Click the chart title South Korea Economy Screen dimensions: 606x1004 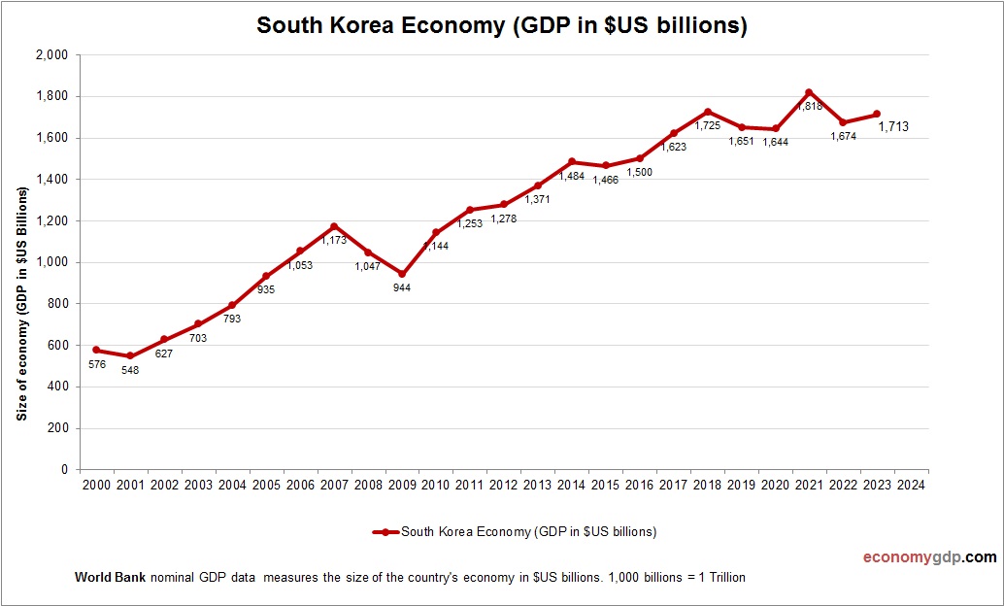click(x=501, y=26)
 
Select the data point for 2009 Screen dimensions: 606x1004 click(x=402, y=274)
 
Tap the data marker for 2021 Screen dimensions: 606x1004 click(x=809, y=92)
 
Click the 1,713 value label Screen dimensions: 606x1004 click(x=893, y=126)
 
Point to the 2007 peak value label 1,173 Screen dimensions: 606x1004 click(x=334, y=240)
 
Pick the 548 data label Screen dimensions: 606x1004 click(x=130, y=370)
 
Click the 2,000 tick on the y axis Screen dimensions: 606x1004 click(x=51, y=55)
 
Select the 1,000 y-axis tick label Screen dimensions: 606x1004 click(x=51, y=262)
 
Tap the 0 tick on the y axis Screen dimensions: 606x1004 click(x=63, y=470)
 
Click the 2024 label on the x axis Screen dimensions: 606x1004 click(x=911, y=485)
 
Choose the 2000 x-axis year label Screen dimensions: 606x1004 click(x=96, y=485)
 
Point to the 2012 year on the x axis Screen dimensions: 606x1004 click(x=504, y=485)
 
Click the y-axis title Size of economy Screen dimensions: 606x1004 click(x=21, y=303)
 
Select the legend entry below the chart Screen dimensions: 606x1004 click(x=515, y=531)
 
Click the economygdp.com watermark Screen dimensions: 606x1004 click(x=929, y=557)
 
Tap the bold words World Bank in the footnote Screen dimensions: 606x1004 click(x=110, y=578)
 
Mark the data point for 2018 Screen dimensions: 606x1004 click(x=707, y=112)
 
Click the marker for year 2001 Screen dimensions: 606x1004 click(x=130, y=355)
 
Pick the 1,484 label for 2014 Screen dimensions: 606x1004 click(x=572, y=175)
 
